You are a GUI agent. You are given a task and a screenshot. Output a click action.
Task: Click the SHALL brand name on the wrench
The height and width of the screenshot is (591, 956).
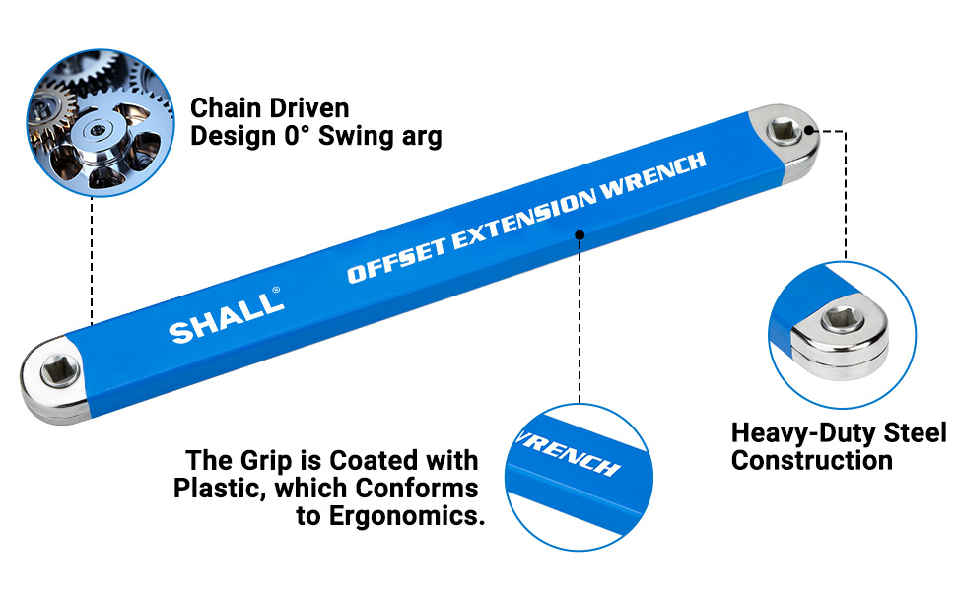225,318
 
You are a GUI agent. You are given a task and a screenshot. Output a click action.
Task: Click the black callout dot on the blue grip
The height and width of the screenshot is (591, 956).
580,234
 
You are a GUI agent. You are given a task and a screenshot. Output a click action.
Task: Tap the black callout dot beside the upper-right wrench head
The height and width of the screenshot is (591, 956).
811,129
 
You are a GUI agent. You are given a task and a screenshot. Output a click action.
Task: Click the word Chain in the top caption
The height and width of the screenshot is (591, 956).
223,107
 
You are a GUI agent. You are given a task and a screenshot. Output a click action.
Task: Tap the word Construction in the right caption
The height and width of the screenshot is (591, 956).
811,460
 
